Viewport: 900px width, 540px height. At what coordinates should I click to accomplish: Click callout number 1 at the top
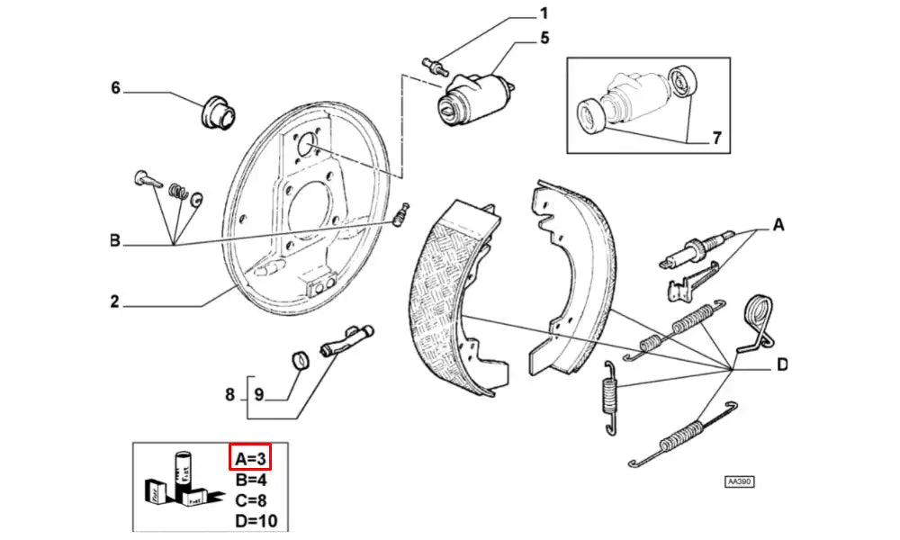tap(544, 13)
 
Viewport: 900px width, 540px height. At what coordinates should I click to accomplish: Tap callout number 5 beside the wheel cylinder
tap(544, 38)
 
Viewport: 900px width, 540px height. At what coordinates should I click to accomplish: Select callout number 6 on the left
tap(115, 87)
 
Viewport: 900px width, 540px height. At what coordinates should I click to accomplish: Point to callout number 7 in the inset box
tap(716, 138)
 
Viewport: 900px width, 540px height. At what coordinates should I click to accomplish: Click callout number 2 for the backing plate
tap(114, 301)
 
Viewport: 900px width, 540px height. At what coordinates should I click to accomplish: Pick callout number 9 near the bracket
tap(258, 393)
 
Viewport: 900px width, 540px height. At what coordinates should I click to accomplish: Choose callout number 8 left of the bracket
tap(229, 393)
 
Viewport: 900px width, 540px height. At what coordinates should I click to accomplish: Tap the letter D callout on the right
tap(782, 364)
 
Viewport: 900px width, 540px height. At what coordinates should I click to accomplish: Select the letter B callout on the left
tap(115, 240)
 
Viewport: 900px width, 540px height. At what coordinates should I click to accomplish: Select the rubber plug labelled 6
tap(216, 109)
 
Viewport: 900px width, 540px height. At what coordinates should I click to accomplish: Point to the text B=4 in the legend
tap(250, 479)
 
